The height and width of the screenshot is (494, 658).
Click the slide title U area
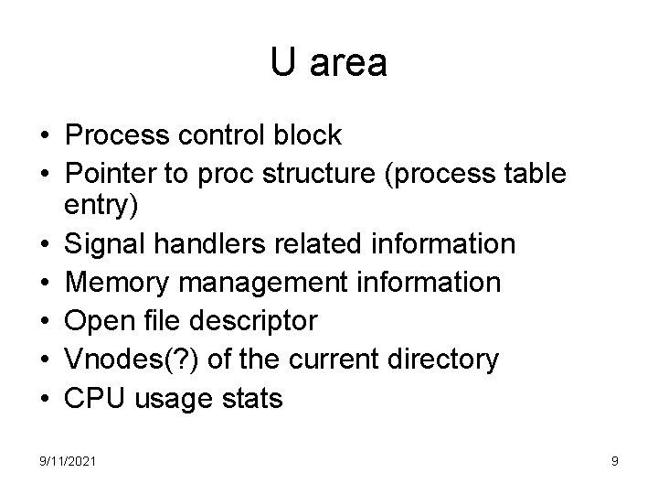click(x=329, y=63)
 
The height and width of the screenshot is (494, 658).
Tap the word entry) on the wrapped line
click(x=101, y=207)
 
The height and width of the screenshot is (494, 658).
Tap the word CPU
click(x=93, y=398)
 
